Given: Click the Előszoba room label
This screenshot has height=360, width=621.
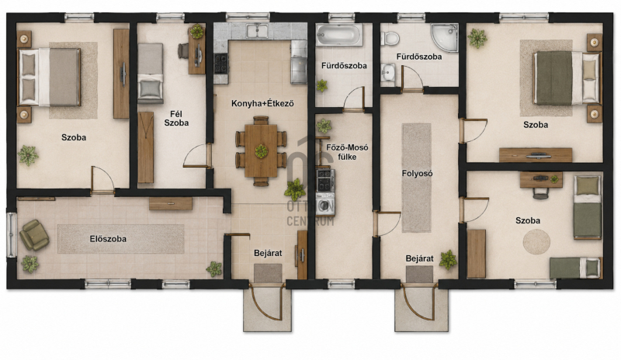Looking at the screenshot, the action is [108, 239].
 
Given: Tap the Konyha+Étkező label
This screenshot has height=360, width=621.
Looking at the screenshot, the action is [262, 104].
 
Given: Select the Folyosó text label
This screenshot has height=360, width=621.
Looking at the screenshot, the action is [417, 174].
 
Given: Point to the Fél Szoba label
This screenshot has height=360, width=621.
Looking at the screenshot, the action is [176, 119].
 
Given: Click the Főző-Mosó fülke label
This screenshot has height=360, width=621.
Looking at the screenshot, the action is [347, 152].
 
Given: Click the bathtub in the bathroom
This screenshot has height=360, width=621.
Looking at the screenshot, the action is [339, 35].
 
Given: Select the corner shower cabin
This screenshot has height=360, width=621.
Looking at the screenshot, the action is [445, 37].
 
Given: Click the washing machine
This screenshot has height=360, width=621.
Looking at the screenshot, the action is [325, 204].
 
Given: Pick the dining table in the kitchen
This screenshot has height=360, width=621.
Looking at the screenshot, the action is [261, 151].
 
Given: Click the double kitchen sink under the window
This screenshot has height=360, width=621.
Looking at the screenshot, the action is [257, 30].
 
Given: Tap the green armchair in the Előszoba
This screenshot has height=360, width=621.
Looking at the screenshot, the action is [34, 235].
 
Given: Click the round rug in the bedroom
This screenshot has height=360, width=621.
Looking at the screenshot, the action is [536, 241].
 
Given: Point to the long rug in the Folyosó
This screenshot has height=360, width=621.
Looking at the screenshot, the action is [417, 178].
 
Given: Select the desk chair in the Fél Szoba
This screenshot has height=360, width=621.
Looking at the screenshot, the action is [183, 50].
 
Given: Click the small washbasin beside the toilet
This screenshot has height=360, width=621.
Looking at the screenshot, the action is [388, 72].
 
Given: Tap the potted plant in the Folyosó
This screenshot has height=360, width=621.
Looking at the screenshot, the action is [448, 260].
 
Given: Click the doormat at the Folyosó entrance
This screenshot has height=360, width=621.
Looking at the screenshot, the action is [419, 274].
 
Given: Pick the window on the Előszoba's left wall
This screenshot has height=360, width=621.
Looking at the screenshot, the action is [12, 235].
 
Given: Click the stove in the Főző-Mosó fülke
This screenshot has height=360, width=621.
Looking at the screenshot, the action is [325, 181].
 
